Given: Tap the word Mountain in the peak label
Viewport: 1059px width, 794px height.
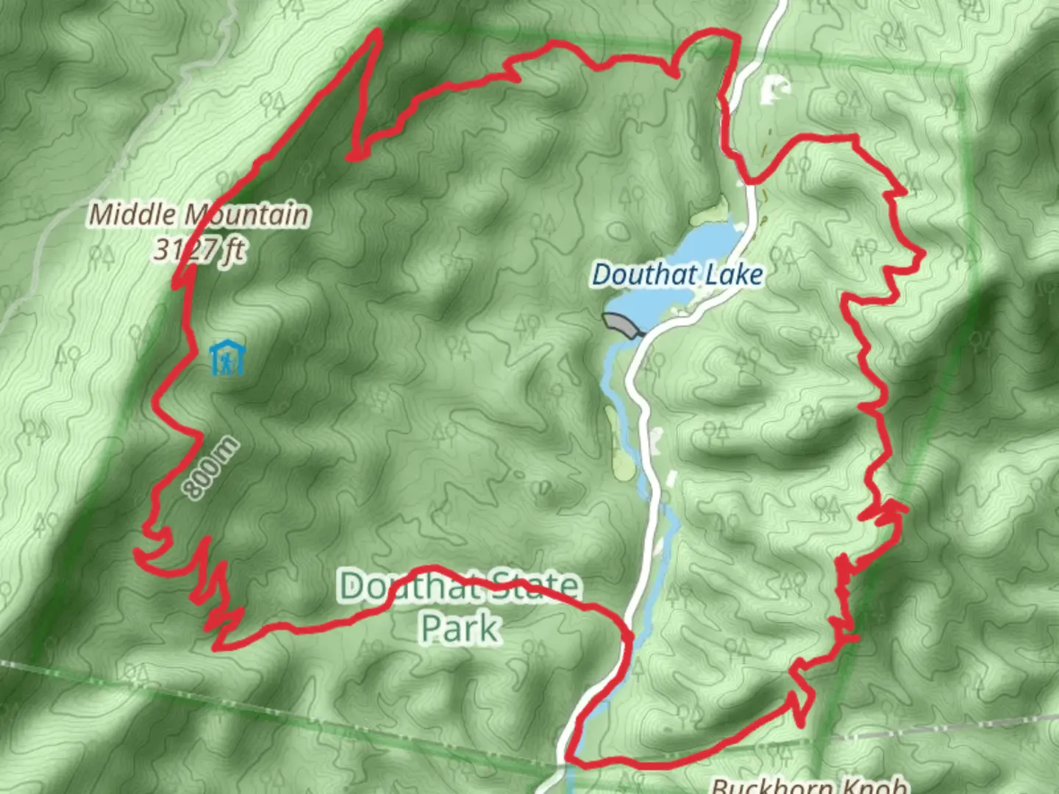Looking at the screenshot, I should point(246,215).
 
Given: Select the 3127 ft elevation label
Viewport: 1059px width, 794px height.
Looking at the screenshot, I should point(199,250).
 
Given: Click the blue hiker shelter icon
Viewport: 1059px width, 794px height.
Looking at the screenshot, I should point(226,358).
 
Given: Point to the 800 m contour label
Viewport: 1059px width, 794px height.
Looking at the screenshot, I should point(211,468).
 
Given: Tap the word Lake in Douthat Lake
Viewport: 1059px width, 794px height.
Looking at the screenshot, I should point(738,275).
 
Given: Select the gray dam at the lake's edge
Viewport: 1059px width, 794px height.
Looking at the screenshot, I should point(620,323).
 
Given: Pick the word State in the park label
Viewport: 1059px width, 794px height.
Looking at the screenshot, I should point(535,586).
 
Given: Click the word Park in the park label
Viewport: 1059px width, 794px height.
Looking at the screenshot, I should point(460,627).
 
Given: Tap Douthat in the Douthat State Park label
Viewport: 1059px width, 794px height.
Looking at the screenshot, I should point(405,586).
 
